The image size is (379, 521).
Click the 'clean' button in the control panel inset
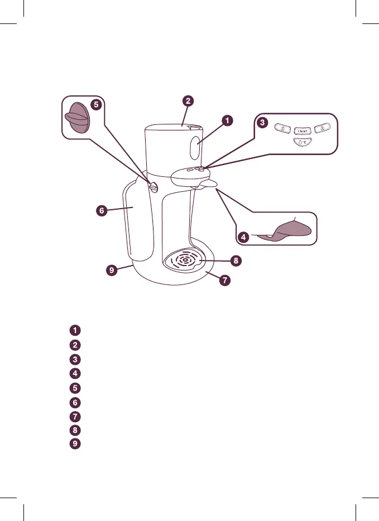pos(302,131)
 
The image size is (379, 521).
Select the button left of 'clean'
pos(284,129)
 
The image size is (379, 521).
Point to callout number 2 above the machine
pos(189,102)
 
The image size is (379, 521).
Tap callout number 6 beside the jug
pos(100,211)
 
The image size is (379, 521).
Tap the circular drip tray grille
pos(183,260)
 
